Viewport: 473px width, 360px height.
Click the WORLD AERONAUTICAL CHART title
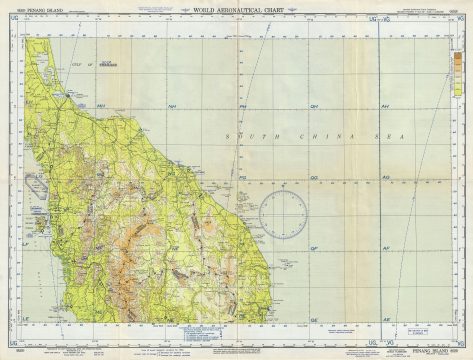click(236, 9)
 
